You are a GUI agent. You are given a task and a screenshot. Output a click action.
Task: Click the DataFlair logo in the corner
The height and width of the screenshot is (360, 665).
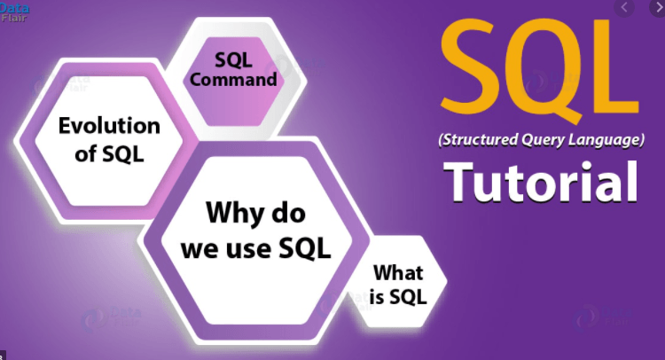14,12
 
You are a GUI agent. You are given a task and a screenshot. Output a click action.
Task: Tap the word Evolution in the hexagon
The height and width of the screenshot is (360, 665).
109,126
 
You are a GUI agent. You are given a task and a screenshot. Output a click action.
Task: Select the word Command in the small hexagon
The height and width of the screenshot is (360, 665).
233,79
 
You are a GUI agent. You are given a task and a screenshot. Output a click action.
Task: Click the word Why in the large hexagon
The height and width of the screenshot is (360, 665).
232,212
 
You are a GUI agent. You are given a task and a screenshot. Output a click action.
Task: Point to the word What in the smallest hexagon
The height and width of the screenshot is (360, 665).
398,272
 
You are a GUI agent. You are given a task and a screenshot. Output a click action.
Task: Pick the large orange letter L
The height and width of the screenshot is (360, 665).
616,67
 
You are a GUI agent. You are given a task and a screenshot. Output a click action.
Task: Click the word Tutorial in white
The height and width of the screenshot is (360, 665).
541,182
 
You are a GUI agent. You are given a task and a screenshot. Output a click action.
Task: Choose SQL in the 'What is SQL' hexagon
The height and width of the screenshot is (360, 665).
408,296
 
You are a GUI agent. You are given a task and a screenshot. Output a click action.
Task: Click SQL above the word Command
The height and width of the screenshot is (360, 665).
233,59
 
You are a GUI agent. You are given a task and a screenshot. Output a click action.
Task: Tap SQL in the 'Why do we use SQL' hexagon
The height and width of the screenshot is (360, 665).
304,247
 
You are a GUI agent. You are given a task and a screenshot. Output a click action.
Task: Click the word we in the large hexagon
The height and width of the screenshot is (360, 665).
200,250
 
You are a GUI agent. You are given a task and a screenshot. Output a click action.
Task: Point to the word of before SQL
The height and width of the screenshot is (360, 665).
86,153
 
